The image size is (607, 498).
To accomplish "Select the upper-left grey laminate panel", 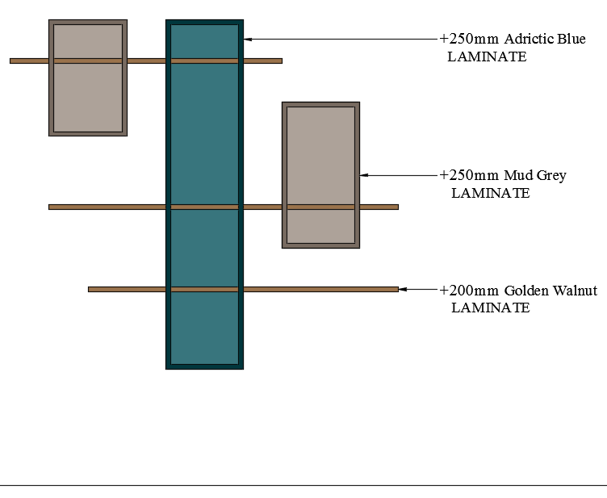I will tap(88, 97).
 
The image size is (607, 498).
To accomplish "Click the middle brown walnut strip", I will tap(105, 207).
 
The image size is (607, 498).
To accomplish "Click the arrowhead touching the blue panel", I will tap(248, 38).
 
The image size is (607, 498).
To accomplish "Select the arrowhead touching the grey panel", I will tap(364, 175).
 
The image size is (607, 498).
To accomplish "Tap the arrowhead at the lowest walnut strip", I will tap(403, 289).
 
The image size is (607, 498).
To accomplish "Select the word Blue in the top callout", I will tap(572, 39).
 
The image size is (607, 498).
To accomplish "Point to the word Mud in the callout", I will tap(517, 175).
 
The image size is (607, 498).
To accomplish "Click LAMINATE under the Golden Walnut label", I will tap(490, 308).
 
